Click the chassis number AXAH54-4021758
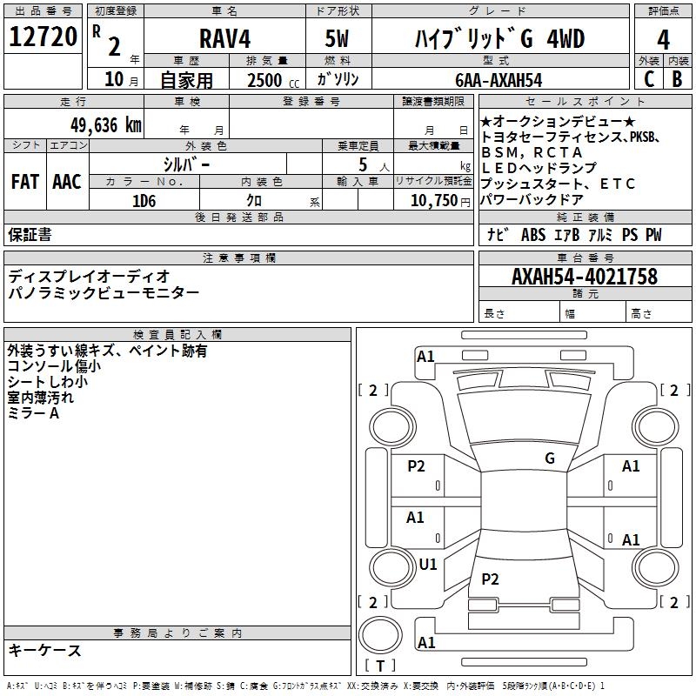coord(584,277)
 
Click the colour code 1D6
coord(144,200)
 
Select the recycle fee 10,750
coord(433,200)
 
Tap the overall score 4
coord(664,39)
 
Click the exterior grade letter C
coord(648,79)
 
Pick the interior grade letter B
coord(678,79)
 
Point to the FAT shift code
coord(25,182)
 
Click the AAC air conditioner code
coord(66,182)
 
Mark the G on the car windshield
coord(550,458)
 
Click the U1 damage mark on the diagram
coord(428,564)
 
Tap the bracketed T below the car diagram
coord(380,666)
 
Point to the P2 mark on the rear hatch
coord(491,579)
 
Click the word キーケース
coord(45,650)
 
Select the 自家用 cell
coord(187,80)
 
